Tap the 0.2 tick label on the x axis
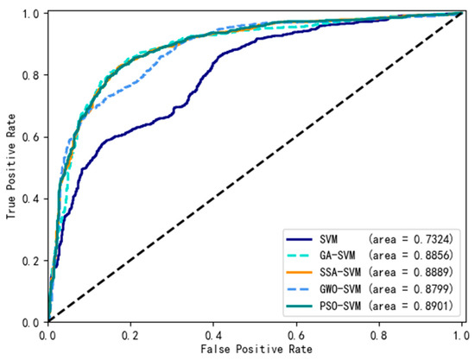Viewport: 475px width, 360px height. (131, 335)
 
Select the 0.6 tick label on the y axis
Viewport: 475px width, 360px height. (31, 137)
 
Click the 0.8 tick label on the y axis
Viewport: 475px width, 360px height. (31, 75)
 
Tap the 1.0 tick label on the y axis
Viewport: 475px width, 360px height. (31, 14)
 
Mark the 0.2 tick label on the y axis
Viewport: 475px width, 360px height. (31, 261)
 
